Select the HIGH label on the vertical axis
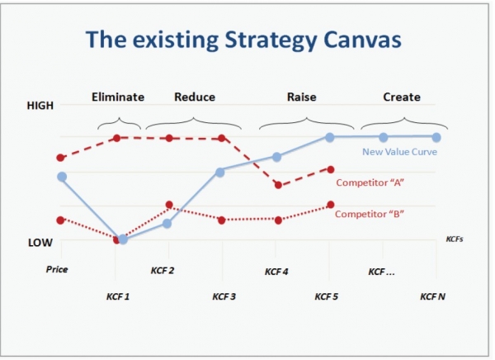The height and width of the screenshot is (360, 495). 40,106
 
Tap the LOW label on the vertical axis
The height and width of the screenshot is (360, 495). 40,243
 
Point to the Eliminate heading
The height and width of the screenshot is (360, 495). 118,97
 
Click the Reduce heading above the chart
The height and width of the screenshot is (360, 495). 195,97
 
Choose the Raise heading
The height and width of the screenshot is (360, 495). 301,97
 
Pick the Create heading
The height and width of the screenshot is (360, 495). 402,97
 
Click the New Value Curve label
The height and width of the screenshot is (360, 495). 400,152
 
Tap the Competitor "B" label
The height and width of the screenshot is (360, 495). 369,214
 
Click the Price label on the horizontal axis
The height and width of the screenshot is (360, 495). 57,269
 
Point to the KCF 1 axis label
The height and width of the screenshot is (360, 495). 118,296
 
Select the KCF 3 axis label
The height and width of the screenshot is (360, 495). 224,296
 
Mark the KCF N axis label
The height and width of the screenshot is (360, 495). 432,296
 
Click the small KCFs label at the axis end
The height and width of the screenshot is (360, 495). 455,239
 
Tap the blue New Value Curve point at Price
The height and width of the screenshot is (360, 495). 62,177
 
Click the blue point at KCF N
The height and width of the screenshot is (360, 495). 436,136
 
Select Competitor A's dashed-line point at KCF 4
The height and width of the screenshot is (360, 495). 278,185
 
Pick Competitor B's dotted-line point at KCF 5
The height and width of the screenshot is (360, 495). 330,205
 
